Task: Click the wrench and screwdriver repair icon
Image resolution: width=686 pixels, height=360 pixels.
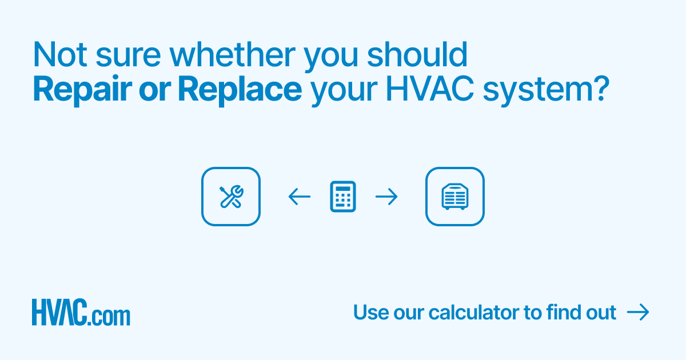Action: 231,197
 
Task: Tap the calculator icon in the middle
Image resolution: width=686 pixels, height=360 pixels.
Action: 343,197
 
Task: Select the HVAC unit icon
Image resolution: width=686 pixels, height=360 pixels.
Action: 455,197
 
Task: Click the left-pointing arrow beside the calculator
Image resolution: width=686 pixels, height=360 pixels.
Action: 299,197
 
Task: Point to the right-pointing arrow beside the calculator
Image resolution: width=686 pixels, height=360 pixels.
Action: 386,197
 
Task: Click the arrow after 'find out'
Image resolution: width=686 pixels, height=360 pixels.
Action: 638,312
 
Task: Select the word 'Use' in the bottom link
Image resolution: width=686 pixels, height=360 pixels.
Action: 370,313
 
